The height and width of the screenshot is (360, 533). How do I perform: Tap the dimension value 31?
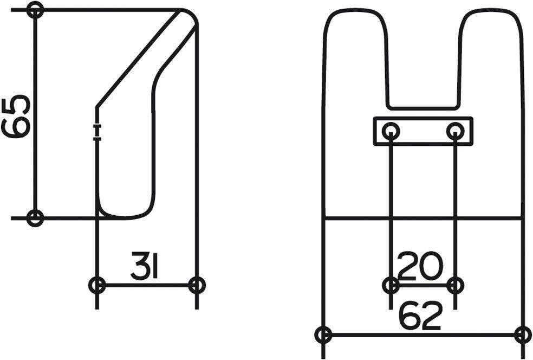coord(144,265)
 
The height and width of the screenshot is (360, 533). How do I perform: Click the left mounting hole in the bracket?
coord(391,131)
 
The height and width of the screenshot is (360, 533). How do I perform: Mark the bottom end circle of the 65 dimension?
coord(35,218)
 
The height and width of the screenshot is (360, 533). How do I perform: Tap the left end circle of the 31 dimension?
coord(97,285)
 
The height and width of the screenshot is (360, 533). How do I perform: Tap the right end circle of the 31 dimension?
coord(197,285)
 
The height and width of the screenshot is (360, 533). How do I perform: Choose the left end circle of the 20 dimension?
coord(391,285)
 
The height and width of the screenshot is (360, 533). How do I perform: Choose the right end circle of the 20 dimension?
coord(456,285)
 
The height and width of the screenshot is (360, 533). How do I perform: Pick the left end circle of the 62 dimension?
coord(324,335)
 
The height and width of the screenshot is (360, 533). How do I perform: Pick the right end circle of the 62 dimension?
coord(523,335)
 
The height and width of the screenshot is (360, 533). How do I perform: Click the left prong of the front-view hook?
coord(355,54)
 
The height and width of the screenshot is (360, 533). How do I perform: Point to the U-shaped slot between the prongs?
coord(424,65)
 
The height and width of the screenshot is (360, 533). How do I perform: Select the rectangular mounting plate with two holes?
coord(423,131)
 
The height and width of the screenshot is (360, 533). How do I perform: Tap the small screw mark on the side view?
coord(97,132)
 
